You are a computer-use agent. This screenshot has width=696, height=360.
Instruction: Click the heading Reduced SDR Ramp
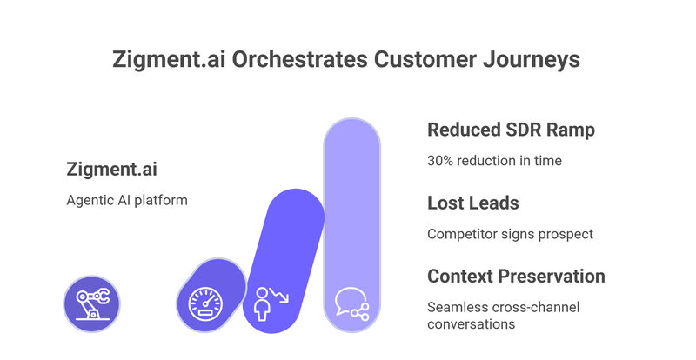(512, 130)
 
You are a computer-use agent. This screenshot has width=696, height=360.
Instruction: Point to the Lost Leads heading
(472, 203)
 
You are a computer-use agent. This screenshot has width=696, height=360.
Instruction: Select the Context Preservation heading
(516, 277)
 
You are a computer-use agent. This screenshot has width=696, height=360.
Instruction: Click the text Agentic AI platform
(127, 200)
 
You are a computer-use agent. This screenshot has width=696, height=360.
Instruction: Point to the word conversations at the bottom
(471, 323)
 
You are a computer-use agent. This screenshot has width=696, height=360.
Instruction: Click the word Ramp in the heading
(571, 130)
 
